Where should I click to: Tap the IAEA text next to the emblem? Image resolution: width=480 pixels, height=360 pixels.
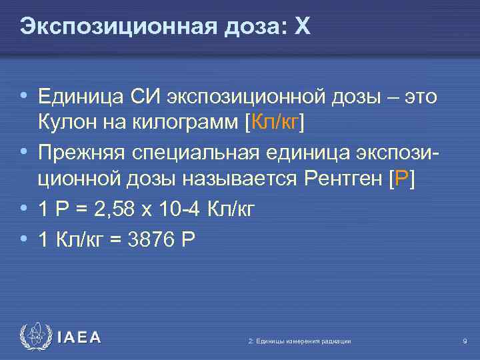pyautogui.click(x=79, y=338)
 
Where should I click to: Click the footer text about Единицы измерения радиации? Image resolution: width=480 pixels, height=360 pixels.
pyautogui.click(x=299, y=341)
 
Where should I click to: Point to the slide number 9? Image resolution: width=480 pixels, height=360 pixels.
pyautogui.click(x=464, y=341)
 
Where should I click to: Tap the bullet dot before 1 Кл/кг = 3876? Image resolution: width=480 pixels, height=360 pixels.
pyautogui.click(x=24, y=237)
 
